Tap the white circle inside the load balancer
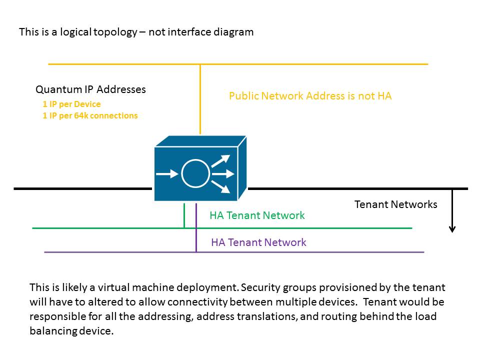[195, 173]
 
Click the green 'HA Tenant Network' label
[257, 215]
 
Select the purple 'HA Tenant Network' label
[258, 242]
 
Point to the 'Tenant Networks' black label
[395, 204]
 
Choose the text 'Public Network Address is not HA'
[310, 96]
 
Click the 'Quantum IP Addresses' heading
[90, 89]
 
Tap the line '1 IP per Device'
[71, 104]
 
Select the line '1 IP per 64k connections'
[90, 115]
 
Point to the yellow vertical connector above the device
[200, 100]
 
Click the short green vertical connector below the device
[184, 215]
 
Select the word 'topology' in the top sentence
[115, 32]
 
